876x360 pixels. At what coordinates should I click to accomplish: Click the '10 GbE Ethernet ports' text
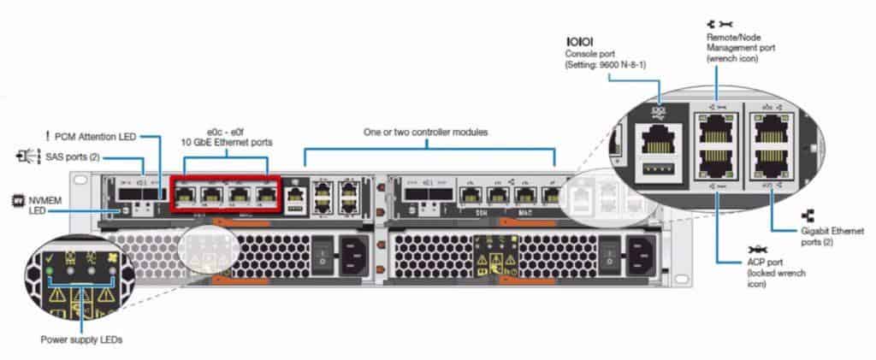tap(226, 142)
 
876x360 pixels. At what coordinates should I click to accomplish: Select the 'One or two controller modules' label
tap(425, 133)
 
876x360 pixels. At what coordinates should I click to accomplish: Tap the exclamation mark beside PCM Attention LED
tap(48, 135)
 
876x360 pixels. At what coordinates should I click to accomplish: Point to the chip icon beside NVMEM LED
tap(15, 195)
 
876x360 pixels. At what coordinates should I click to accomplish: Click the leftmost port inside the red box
tap(186, 195)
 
